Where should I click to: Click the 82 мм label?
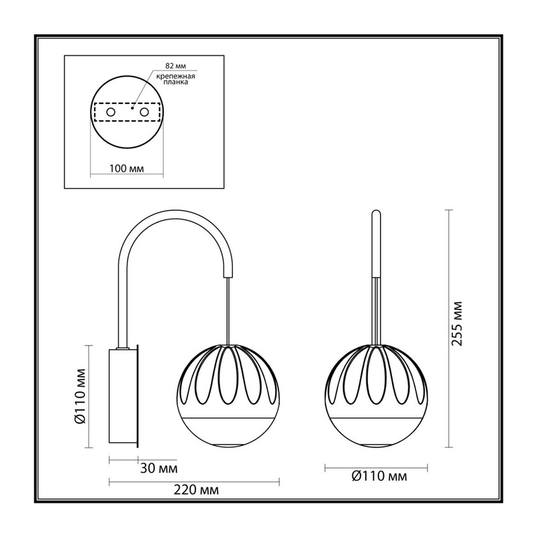pyautogui.click(x=175, y=66)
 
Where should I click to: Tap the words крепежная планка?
pyautogui.click(x=176, y=79)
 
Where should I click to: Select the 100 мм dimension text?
pyautogui.click(x=127, y=168)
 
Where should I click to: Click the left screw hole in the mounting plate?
pyautogui.click(x=111, y=112)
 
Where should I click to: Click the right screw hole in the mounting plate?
pyautogui.click(x=144, y=112)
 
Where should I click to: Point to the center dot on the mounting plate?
pyautogui.click(x=132, y=108)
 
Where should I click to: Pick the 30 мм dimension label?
pyautogui.click(x=159, y=468)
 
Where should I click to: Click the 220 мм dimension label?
pyautogui.click(x=196, y=490)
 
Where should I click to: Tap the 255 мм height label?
pyautogui.click(x=456, y=324)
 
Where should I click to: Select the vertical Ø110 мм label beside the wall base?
pyautogui.click(x=81, y=397)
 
